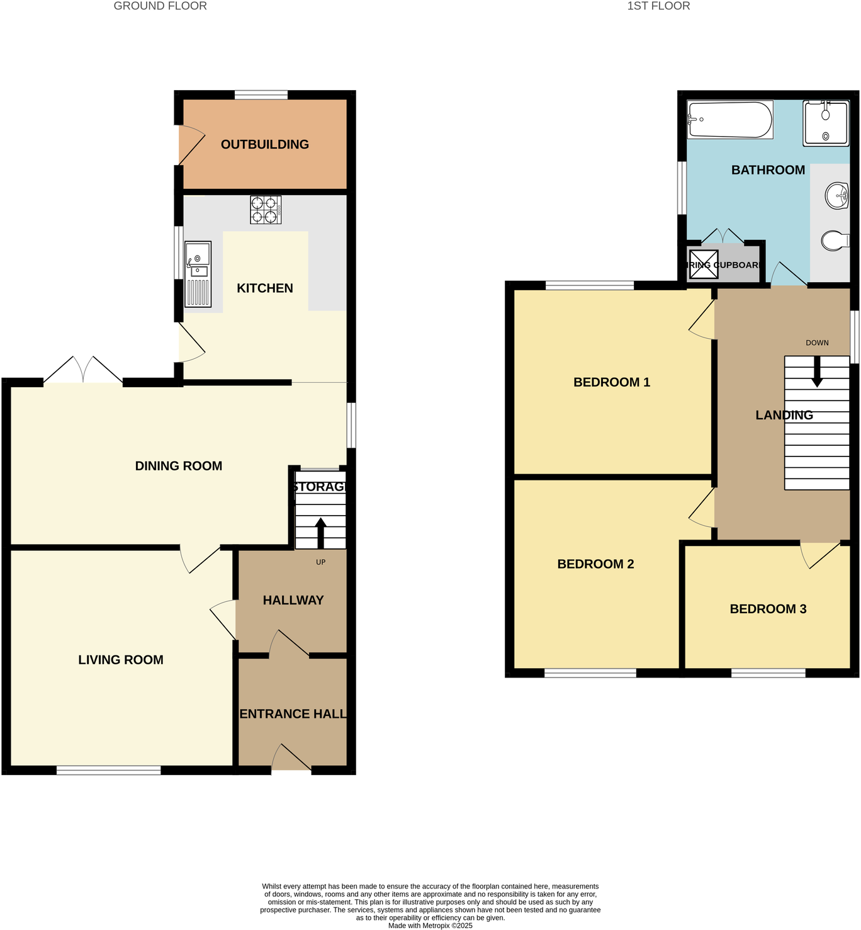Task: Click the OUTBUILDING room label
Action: [264, 144]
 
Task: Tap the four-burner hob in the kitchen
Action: [265, 210]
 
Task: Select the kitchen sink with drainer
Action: [198, 275]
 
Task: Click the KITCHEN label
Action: [264, 288]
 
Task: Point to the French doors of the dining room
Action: [83, 371]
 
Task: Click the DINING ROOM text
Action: [179, 466]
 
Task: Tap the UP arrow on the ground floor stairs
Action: [320, 532]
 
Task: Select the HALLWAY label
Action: [293, 600]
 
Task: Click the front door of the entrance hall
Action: [291, 759]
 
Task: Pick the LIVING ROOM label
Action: [121, 660]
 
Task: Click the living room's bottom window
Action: [109, 770]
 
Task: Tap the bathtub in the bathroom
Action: [729, 120]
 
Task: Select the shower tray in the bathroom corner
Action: [825, 123]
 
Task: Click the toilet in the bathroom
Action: [835, 240]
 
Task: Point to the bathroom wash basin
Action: [836, 196]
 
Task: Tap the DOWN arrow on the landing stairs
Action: [817, 372]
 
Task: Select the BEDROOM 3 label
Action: [768, 609]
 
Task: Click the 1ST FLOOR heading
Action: [658, 6]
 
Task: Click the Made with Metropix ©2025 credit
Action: [430, 926]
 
